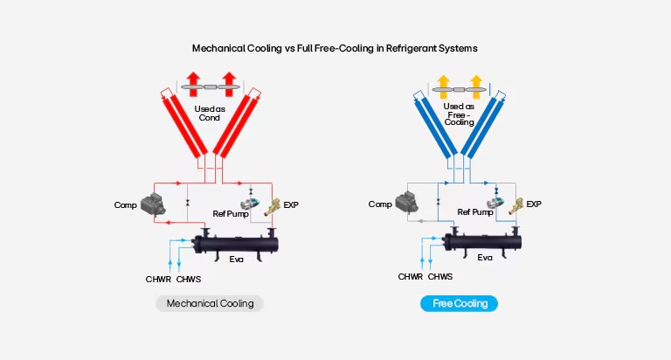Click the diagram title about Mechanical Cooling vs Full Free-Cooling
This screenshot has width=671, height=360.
pyautogui.click(x=335, y=48)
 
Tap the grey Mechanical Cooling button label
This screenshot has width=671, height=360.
pyautogui.click(x=210, y=303)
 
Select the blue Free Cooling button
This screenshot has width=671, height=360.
pyautogui.click(x=460, y=303)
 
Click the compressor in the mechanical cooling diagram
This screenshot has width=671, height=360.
pyautogui.click(x=153, y=204)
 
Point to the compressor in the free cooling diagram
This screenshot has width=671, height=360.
pyautogui.click(x=406, y=202)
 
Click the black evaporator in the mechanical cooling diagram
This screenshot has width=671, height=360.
pyautogui.click(x=236, y=245)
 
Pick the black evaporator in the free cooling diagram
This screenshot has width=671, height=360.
pyautogui.click(x=482, y=242)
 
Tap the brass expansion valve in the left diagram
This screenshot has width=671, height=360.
pyautogui.click(x=273, y=206)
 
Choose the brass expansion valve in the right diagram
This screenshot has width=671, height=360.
pyautogui.click(x=515, y=205)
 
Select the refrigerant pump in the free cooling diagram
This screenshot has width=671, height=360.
pyautogui.click(x=495, y=203)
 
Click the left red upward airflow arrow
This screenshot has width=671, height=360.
pyautogui.click(x=193, y=84)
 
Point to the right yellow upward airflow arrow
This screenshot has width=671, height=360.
pyautogui.click(x=476, y=87)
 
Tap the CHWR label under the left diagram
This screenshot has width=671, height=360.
pyautogui.click(x=158, y=280)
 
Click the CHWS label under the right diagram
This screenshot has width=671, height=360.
pyautogui.click(x=440, y=277)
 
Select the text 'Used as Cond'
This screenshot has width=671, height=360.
pyautogui.click(x=210, y=114)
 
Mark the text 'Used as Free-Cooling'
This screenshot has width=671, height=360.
pyautogui.click(x=459, y=114)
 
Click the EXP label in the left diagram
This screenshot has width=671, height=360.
pyautogui.click(x=291, y=205)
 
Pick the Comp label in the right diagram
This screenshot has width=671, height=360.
pyautogui.click(x=380, y=204)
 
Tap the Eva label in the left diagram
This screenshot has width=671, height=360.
pyautogui.click(x=236, y=260)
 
